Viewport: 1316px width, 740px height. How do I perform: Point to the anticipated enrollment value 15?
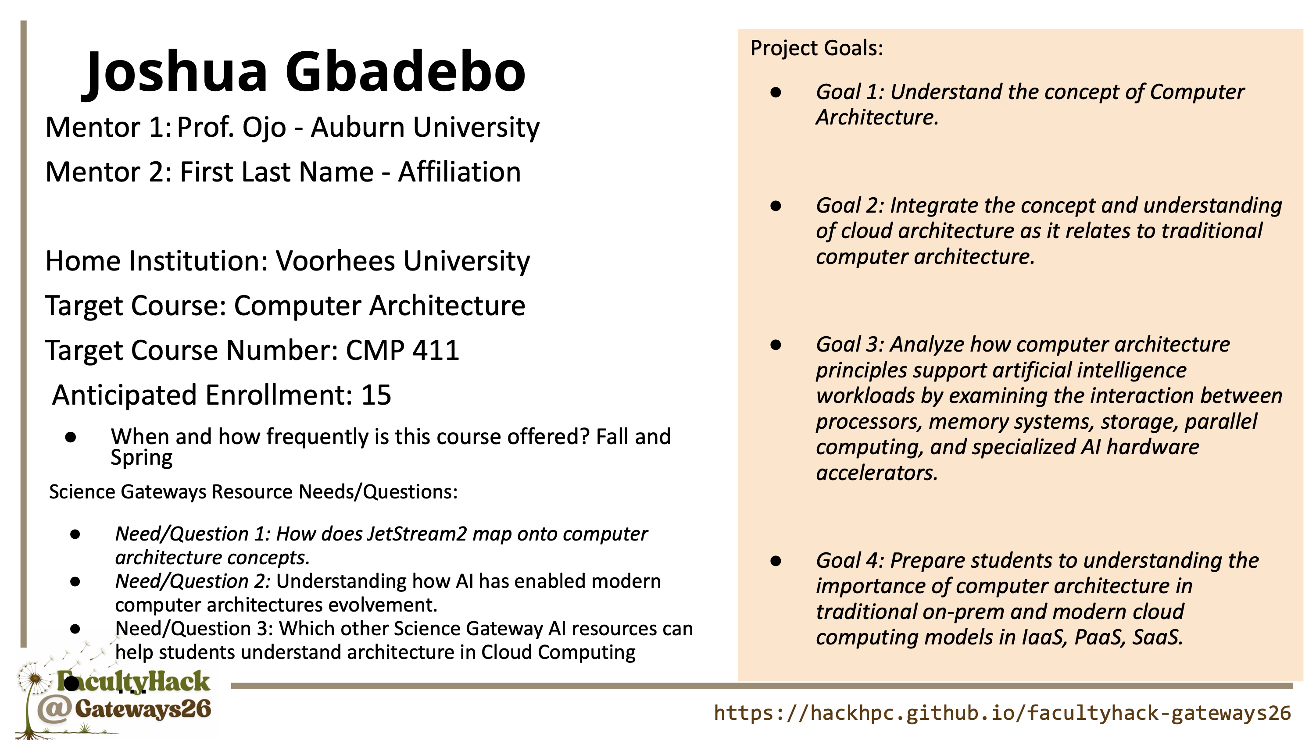[x=376, y=395]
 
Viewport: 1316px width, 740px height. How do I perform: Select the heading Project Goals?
[x=816, y=48]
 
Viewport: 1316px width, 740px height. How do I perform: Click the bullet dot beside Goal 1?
[x=776, y=92]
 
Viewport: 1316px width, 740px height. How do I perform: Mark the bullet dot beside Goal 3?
[x=776, y=345]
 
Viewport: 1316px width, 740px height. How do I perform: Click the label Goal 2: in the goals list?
[x=850, y=205]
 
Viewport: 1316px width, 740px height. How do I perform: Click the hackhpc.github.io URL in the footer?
[x=1002, y=713]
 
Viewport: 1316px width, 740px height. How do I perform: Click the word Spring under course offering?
[x=142, y=458]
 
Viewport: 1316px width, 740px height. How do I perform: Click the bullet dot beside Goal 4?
[x=776, y=561]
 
